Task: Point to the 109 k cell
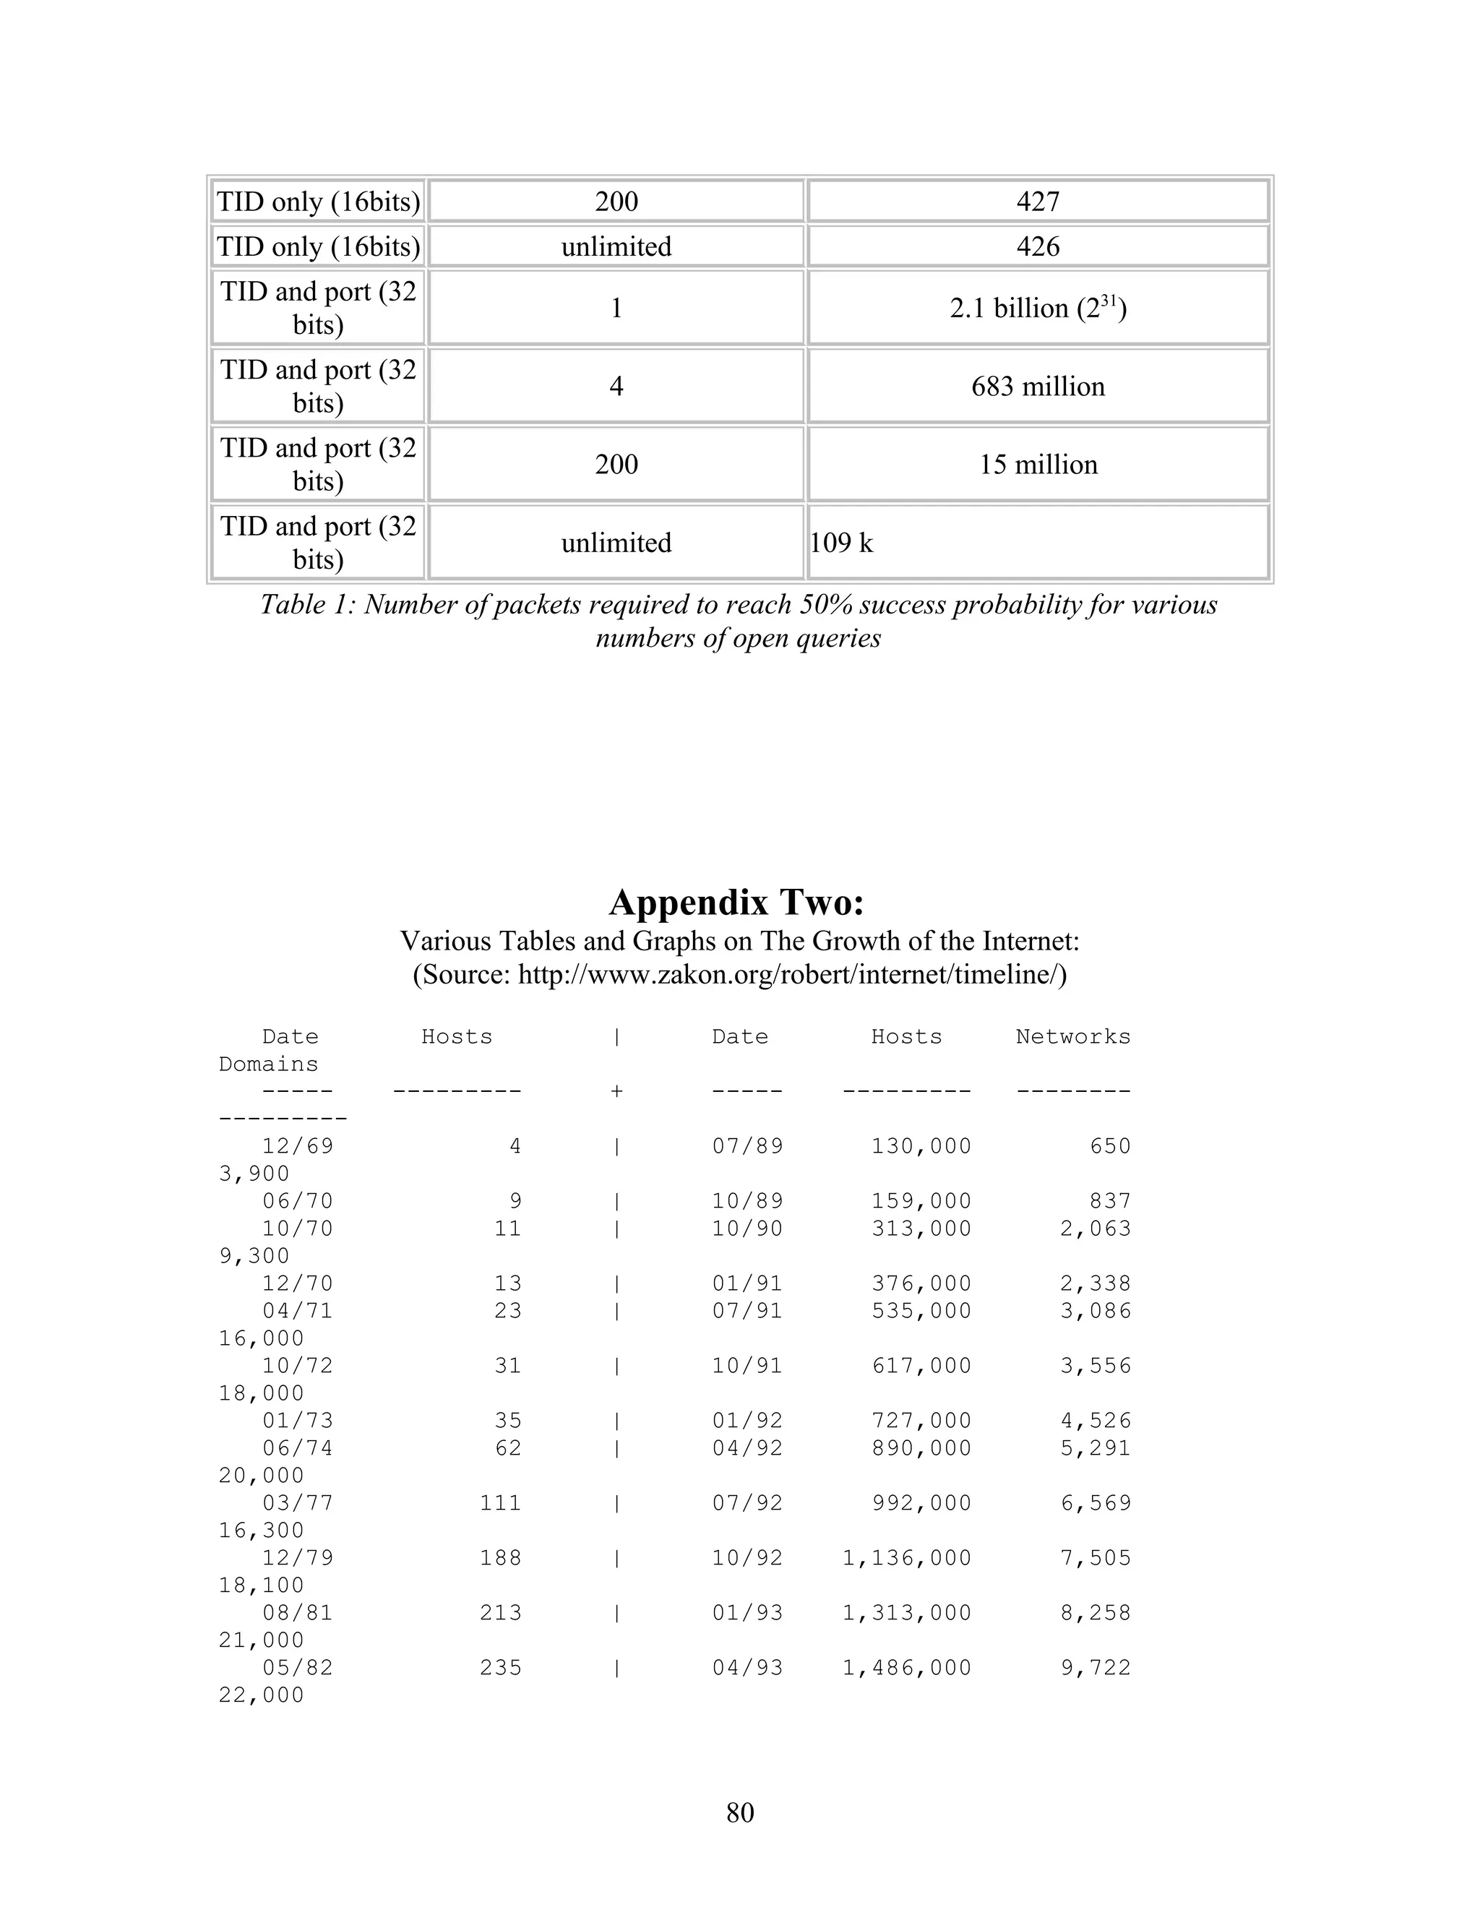(x=842, y=543)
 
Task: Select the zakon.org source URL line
(x=739, y=975)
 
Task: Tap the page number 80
(x=740, y=1812)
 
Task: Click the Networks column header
(x=1072, y=1036)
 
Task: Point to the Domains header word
(x=268, y=1064)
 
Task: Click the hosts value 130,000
(x=921, y=1146)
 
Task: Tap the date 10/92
(x=747, y=1558)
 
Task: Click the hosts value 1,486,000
(x=907, y=1668)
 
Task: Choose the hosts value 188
(x=500, y=1558)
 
